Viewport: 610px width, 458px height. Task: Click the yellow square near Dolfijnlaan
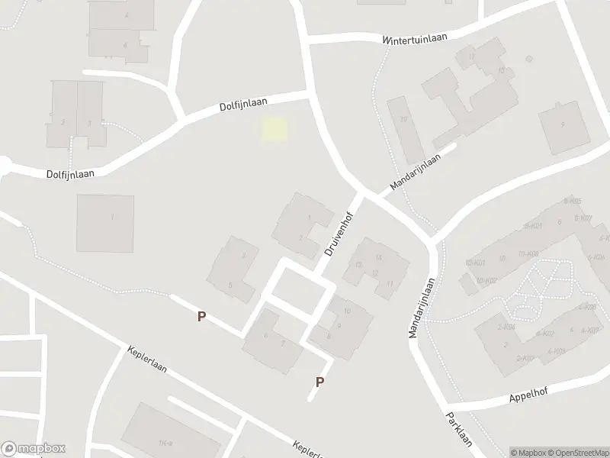(x=275, y=129)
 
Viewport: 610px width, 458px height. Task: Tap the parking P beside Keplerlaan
(x=201, y=316)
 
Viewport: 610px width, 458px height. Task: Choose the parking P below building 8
(x=320, y=382)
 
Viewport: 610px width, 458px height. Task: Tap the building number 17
(x=473, y=57)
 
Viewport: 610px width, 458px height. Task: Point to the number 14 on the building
(x=377, y=258)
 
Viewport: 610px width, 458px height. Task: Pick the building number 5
(x=230, y=285)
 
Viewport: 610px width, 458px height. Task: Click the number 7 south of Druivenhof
(x=283, y=343)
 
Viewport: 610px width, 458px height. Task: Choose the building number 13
(x=358, y=265)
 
